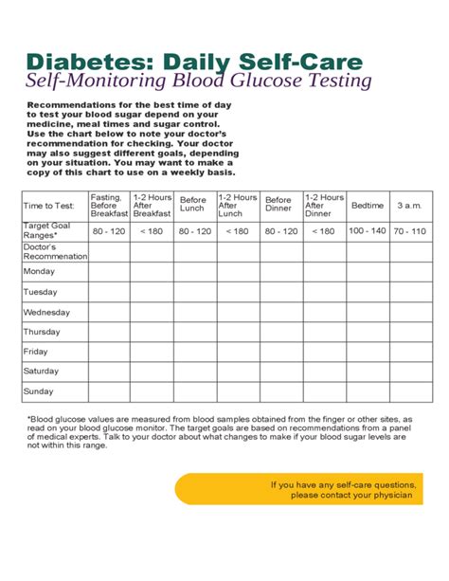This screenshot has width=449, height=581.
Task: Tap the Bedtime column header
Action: [367, 206]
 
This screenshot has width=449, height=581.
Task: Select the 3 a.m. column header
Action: [409, 206]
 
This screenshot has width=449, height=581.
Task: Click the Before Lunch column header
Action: [192, 206]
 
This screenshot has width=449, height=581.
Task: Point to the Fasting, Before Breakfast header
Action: [108, 206]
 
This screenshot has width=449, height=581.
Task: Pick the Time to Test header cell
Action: [50, 206]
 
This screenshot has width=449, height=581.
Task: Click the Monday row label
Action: [41, 271]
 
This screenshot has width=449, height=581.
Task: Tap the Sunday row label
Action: [40, 391]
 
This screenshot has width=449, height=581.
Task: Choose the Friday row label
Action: [36, 352]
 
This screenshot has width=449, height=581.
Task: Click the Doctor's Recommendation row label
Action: [54, 251]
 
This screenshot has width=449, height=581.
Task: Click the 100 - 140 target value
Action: [367, 230]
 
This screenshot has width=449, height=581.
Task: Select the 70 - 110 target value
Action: [409, 230]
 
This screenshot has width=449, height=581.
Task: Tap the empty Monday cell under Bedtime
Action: [367, 271]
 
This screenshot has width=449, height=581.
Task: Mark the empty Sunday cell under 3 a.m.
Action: [409, 391]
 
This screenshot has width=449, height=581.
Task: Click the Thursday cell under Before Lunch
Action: [192, 332]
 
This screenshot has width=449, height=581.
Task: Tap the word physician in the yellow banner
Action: [390, 496]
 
